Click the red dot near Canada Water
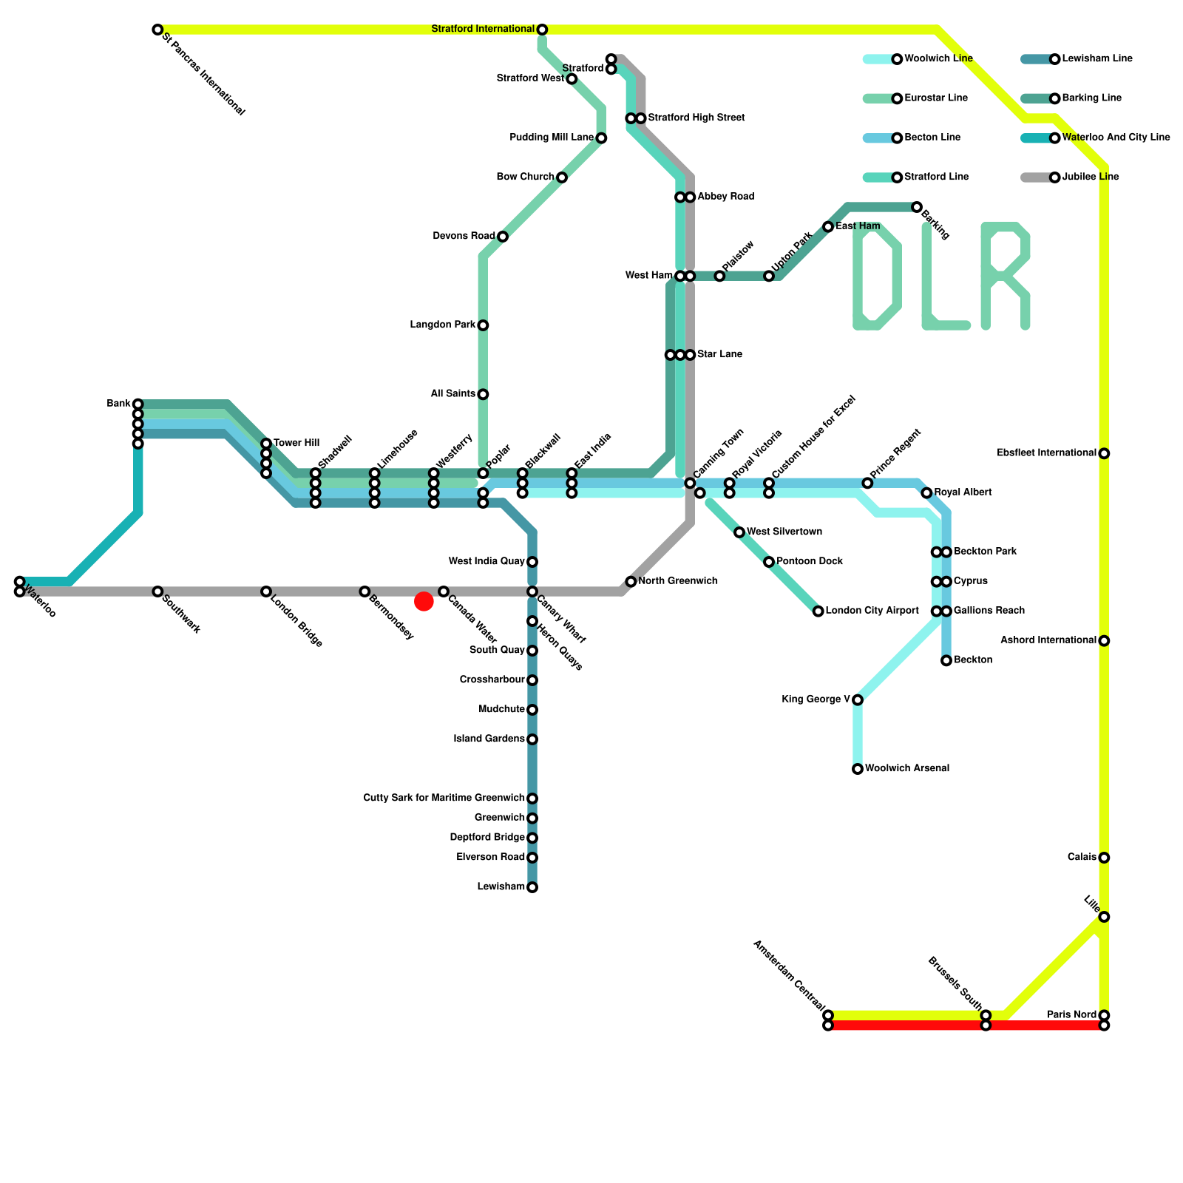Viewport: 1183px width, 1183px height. [424, 601]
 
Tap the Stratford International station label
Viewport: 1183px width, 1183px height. [483, 30]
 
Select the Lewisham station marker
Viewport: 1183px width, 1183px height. [532, 887]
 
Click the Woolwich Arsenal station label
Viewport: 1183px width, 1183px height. [907, 769]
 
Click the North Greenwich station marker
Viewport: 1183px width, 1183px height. [631, 582]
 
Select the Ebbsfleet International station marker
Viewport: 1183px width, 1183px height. [1104, 453]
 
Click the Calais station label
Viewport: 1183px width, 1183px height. [1082, 858]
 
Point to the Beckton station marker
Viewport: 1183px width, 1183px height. [946, 660]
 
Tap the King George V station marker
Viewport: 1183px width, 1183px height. [858, 699]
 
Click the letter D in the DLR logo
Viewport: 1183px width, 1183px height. [877, 276]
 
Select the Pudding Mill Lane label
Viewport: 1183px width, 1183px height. [552, 138]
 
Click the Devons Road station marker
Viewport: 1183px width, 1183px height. [503, 237]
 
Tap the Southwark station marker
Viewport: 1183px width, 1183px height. [157, 591]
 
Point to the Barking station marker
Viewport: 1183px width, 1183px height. [917, 207]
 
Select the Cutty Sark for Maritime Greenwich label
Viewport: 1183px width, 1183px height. [444, 799]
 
